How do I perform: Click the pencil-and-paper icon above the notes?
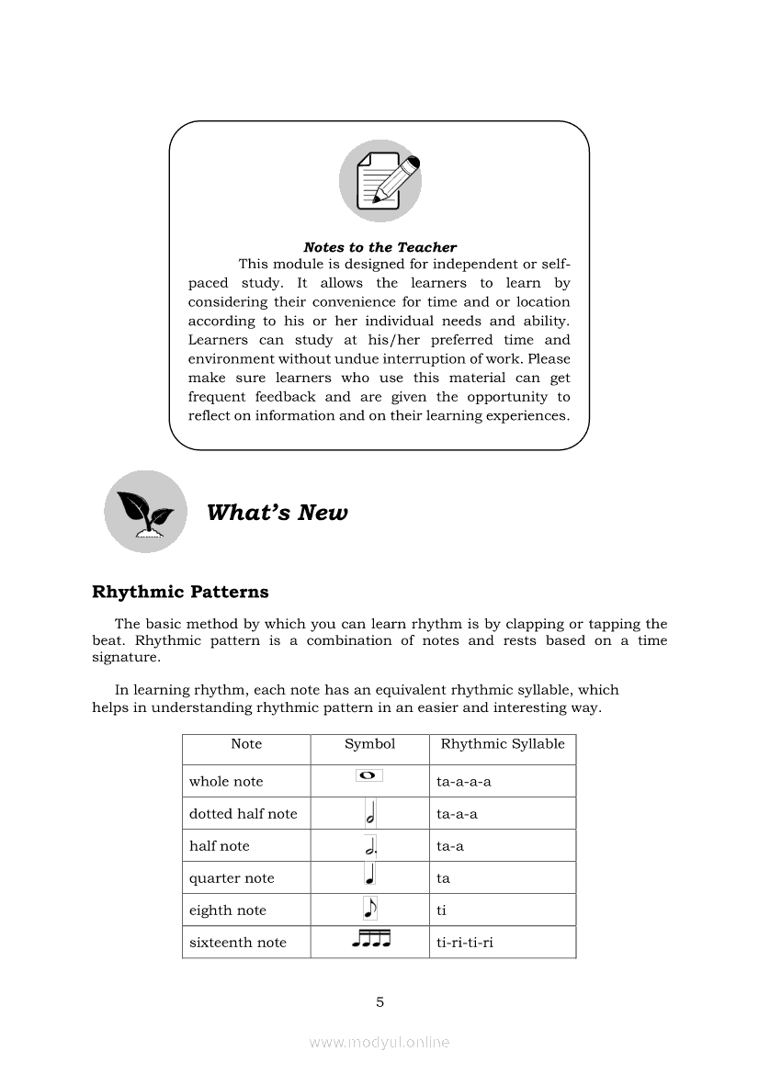[x=379, y=181]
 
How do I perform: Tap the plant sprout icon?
[x=145, y=512]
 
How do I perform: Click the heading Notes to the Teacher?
[x=379, y=247]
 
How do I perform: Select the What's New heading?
[x=277, y=513]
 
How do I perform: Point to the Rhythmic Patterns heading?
[x=180, y=592]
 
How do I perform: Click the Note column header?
[x=246, y=744]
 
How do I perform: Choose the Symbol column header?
[x=369, y=744]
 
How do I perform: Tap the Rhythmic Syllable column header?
[x=503, y=744]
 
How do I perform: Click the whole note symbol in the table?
[x=368, y=776]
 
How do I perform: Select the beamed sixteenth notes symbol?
[x=370, y=939]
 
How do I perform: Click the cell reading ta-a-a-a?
[x=464, y=782]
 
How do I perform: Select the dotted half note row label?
[x=244, y=814]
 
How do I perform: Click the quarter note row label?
[x=232, y=878]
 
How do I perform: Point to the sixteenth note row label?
[x=238, y=943]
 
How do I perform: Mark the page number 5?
[x=379, y=1002]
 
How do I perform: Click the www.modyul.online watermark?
[x=379, y=1042]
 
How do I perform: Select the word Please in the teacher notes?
[x=549, y=359]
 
